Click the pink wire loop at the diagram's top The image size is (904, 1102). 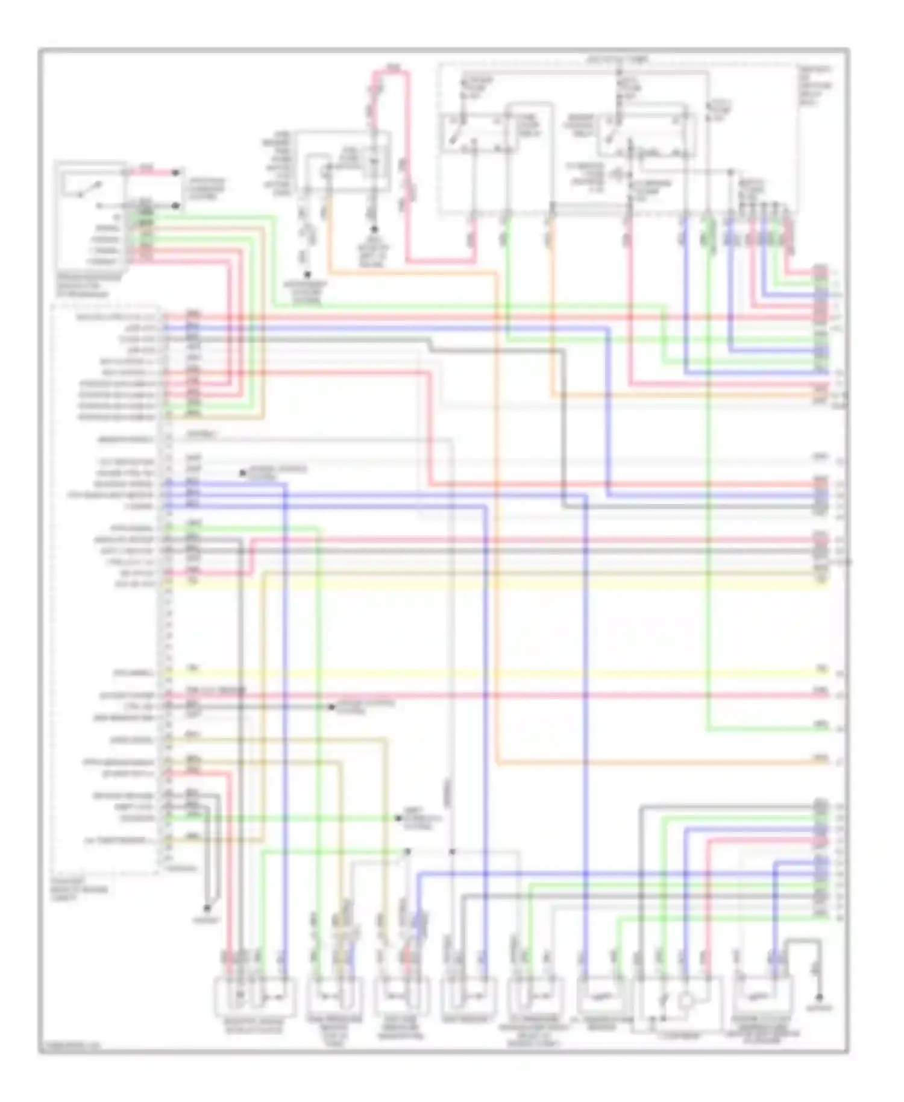[392, 72]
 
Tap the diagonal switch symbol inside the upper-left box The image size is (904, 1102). [81, 189]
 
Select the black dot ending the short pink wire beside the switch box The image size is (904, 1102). [176, 172]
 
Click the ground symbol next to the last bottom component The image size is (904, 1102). [818, 996]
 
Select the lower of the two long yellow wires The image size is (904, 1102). [494, 673]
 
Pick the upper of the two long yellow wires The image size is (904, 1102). [494, 584]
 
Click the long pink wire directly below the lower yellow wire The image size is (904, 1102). [494, 695]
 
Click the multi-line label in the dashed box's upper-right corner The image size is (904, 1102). [815, 86]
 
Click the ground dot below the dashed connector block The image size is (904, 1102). [207, 908]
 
